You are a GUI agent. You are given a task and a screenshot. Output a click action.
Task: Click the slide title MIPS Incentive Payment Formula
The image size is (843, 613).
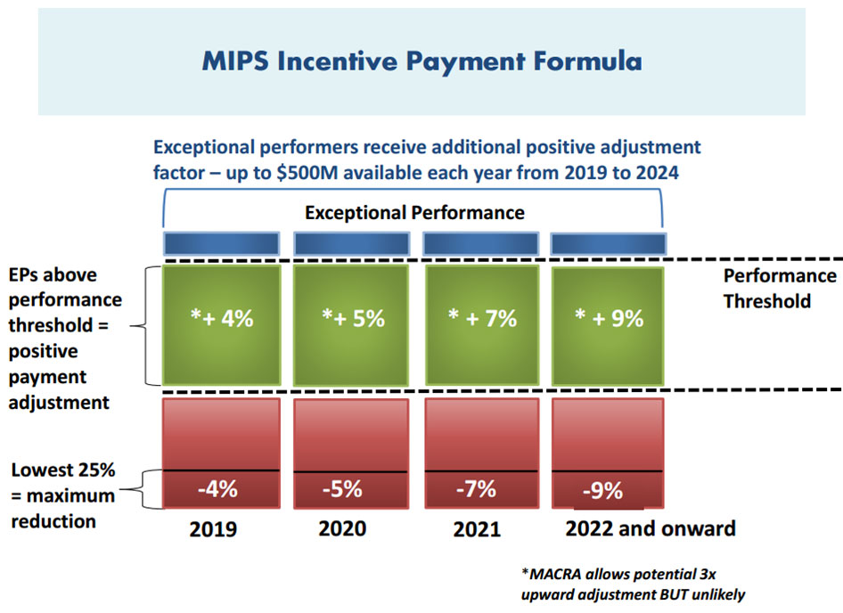[421, 62]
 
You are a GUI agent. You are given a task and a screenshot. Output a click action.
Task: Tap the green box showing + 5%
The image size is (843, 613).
[350, 318]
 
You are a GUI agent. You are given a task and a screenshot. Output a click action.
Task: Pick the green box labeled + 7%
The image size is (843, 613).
[481, 318]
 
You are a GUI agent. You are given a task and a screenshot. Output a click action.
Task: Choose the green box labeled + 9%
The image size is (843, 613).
[608, 318]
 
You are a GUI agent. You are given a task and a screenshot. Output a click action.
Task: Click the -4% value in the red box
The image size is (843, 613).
[217, 488]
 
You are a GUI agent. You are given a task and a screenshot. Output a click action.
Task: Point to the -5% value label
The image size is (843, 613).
[342, 488]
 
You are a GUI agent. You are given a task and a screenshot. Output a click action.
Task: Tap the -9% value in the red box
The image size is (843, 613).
[602, 490]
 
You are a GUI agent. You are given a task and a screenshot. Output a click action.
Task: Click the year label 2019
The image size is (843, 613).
[213, 529]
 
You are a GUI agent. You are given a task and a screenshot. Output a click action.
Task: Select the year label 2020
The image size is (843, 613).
[342, 528]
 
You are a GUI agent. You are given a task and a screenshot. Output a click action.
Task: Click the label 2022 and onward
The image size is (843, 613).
[651, 528]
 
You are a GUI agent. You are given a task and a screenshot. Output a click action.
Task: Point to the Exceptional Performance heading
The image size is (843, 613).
[414, 213]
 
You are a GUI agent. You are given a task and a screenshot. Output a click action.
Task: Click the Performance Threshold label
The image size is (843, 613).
[778, 288]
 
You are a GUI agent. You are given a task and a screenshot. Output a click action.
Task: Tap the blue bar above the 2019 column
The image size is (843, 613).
[220, 243]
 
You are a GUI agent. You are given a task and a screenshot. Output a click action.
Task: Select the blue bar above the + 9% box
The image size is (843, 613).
[608, 243]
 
